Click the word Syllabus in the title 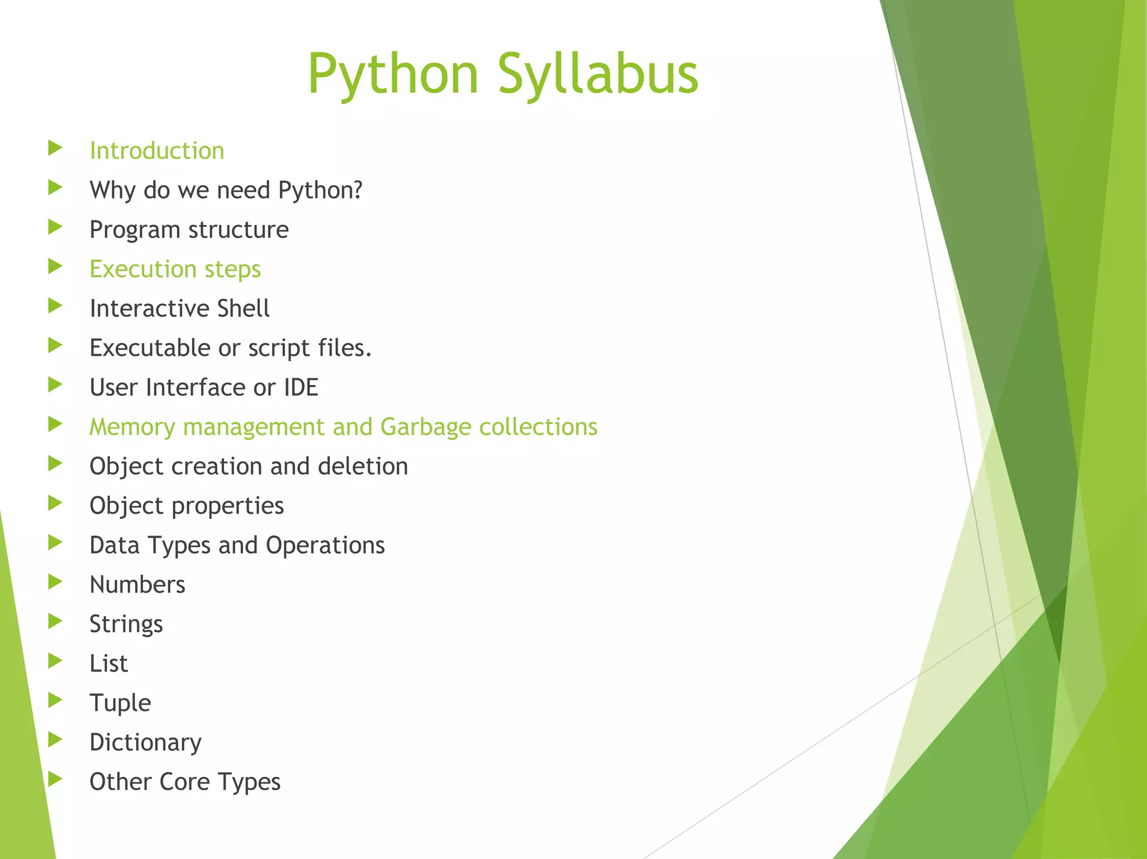[x=598, y=74]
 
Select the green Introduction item [x=157, y=151]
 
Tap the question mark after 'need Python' [x=357, y=190]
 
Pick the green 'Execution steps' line [x=175, y=269]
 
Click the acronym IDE [x=301, y=387]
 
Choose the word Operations [x=325, y=545]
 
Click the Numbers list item [x=137, y=585]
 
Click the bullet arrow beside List [x=55, y=661]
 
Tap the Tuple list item [x=120, y=703]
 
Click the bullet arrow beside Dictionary [x=55, y=740]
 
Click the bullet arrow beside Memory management [x=55, y=424]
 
